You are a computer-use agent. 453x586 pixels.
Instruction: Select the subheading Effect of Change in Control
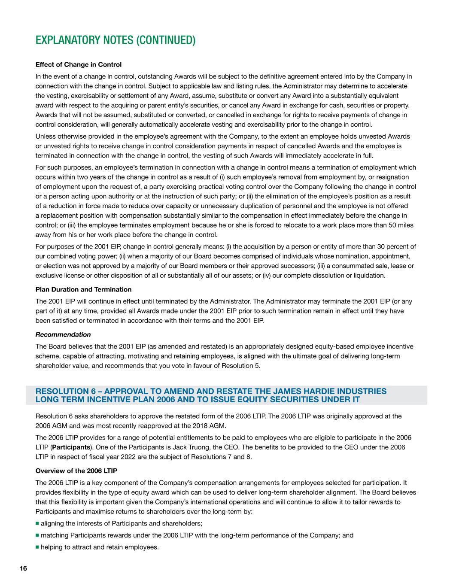pyautogui.click(x=78, y=65)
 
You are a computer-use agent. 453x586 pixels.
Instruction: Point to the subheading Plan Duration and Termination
pyautogui.click(x=83, y=289)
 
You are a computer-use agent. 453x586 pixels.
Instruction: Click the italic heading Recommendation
pyautogui.click(x=63, y=334)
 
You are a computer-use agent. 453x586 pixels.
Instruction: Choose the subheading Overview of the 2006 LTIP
pyautogui.click(x=76, y=471)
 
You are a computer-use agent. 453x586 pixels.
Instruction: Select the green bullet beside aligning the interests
pyautogui.click(x=37, y=523)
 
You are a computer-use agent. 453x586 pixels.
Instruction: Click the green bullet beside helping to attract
pyautogui.click(x=37, y=547)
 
